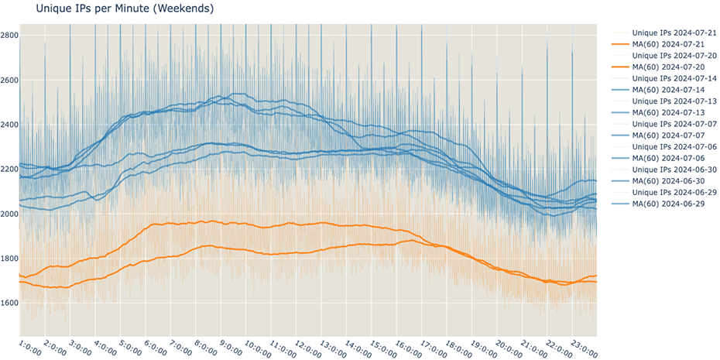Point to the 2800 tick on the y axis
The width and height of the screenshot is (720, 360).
10,36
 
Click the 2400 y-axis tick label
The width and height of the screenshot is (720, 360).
10,125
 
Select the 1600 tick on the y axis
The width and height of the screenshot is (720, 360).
10,303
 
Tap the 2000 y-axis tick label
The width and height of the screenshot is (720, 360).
10,214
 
